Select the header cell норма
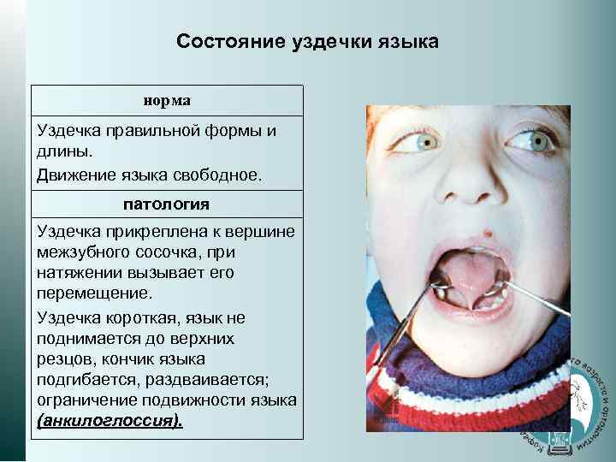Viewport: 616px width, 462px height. (x=167, y=100)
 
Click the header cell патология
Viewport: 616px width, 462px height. (x=167, y=205)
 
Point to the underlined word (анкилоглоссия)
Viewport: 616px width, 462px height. (x=110, y=422)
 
